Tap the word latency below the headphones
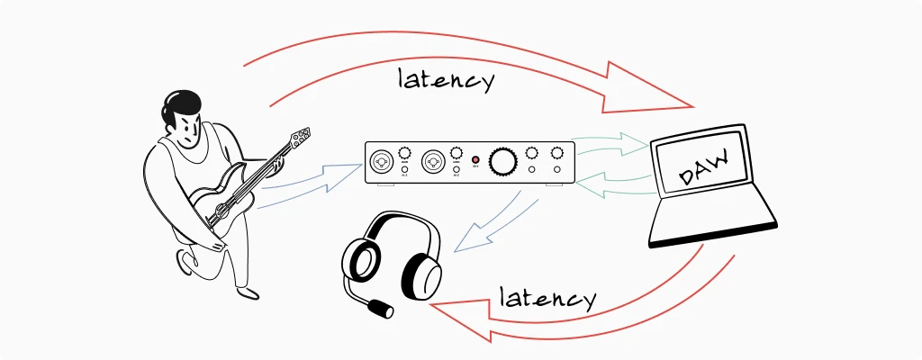(547, 298)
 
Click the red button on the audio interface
(475, 160)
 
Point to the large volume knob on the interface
(502, 162)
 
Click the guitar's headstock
(301, 138)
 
